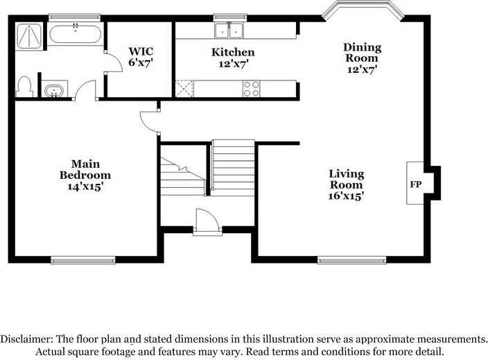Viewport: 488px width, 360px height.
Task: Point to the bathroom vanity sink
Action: pos(53,90)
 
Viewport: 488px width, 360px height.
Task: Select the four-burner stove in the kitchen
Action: pos(251,88)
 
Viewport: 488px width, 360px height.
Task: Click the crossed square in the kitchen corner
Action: pos(184,88)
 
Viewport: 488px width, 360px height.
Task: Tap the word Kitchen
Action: pos(233,52)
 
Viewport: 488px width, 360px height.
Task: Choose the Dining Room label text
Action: pos(363,53)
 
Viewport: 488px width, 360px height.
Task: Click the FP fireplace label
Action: pos(415,185)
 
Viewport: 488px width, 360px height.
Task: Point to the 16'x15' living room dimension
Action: pos(347,196)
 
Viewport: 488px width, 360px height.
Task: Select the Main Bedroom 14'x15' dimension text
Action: pos(85,187)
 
